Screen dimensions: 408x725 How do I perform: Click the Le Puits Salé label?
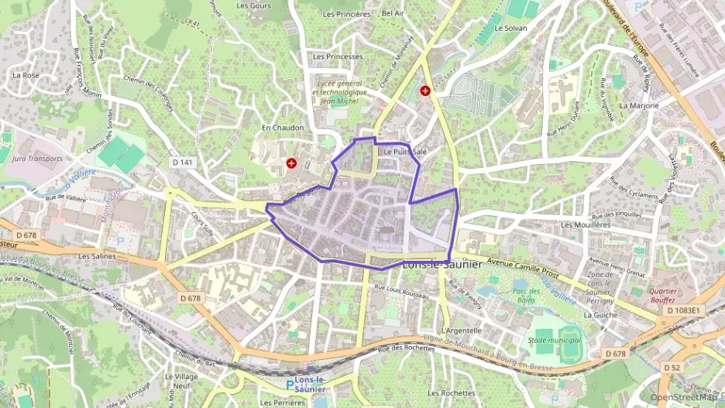click(x=405, y=152)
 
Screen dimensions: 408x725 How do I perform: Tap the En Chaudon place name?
click(x=282, y=128)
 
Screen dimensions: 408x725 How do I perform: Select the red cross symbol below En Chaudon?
click(x=291, y=163)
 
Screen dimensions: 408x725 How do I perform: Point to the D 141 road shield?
click(x=181, y=162)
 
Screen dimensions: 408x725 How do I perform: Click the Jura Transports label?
click(x=37, y=158)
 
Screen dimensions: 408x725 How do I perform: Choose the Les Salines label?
click(x=96, y=256)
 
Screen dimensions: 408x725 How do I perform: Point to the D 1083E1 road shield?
click(x=683, y=310)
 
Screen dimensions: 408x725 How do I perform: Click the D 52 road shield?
click(x=671, y=367)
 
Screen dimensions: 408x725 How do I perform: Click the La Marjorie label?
click(x=639, y=105)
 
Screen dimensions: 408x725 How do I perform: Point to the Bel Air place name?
click(x=393, y=14)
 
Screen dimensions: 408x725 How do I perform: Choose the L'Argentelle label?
click(x=461, y=331)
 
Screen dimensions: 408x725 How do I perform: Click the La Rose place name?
click(x=26, y=75)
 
